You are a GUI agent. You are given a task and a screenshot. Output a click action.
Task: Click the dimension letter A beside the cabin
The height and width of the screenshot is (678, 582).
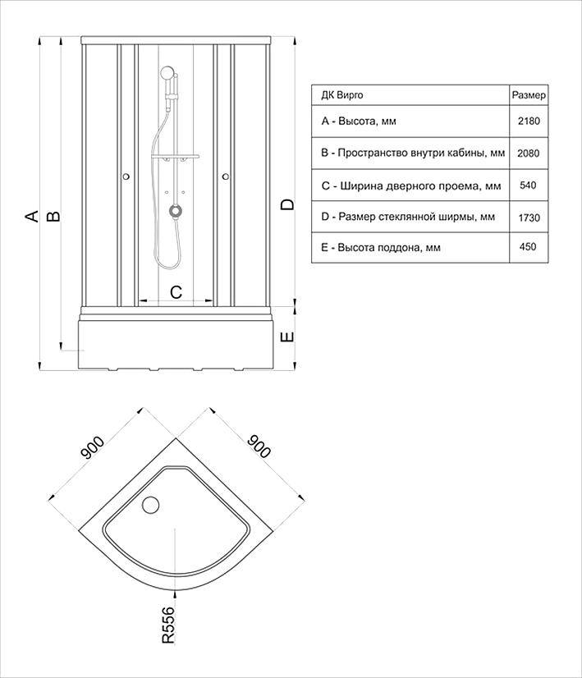pyautogui.click(x=31, y=216)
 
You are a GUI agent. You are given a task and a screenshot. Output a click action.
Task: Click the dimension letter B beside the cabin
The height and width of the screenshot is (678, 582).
pyautogui.click(x=52, y=216)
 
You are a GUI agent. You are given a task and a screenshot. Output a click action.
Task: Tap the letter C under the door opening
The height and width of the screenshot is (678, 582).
pyautogui.click(x=175, y=291)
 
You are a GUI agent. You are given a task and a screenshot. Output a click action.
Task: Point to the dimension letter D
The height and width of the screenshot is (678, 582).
pyautogui.click(x=286, y=204)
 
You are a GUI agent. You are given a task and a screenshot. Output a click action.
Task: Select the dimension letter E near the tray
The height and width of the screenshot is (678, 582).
pyautogui.click(x=286, y=337)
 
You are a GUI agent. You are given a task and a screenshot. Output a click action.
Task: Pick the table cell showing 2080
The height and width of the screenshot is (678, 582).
pyautogui.click(x=528, y=153)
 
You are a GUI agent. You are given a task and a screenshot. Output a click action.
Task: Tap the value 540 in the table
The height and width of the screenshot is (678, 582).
pyautogui.click(x=528, y=186)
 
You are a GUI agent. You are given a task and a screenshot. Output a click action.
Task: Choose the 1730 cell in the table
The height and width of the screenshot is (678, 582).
pyautogui.click(x=528, y=217)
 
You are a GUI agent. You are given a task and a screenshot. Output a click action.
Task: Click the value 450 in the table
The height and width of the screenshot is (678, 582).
pyautogui.click(x=528, y=247)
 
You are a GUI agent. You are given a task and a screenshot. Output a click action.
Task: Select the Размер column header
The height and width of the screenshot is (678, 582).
pyautogui.click(x=528, y=95)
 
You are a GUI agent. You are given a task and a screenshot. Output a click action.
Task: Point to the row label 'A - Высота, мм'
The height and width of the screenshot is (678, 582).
pyautogui.click(x=359, y=121)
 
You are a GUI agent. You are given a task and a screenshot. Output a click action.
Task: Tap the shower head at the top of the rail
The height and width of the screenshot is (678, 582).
pyautogui.click(x=167, y=75)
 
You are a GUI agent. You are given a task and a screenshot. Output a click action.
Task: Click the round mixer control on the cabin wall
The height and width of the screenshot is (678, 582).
pyautogui.click(x=175, y=211)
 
